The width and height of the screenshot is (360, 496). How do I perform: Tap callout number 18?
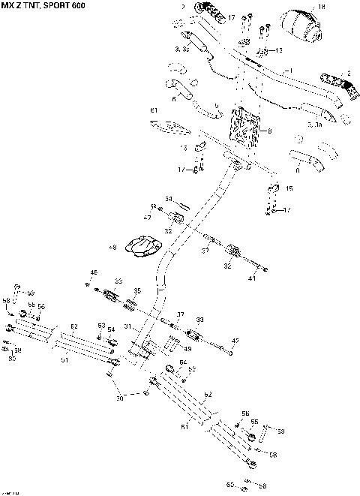click(x=322, y=6)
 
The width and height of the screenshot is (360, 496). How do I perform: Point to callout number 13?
click(x=279, y=51)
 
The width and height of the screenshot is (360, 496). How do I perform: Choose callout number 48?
click(x=112, y=247)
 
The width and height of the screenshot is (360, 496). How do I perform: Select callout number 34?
click(x=169, y=199)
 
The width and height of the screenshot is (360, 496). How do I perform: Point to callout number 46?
click(x=94, y=272)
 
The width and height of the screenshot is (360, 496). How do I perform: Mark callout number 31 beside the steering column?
click(x=128, y=326)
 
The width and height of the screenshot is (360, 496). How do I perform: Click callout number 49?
click(x=187, y=348)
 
